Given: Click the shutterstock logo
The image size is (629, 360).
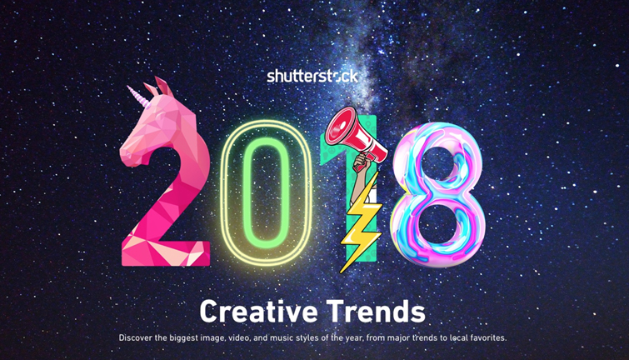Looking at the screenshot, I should point(313,76).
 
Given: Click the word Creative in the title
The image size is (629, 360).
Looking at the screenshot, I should point(255,312).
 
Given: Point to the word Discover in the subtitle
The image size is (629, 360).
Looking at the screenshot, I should point(138,338).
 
